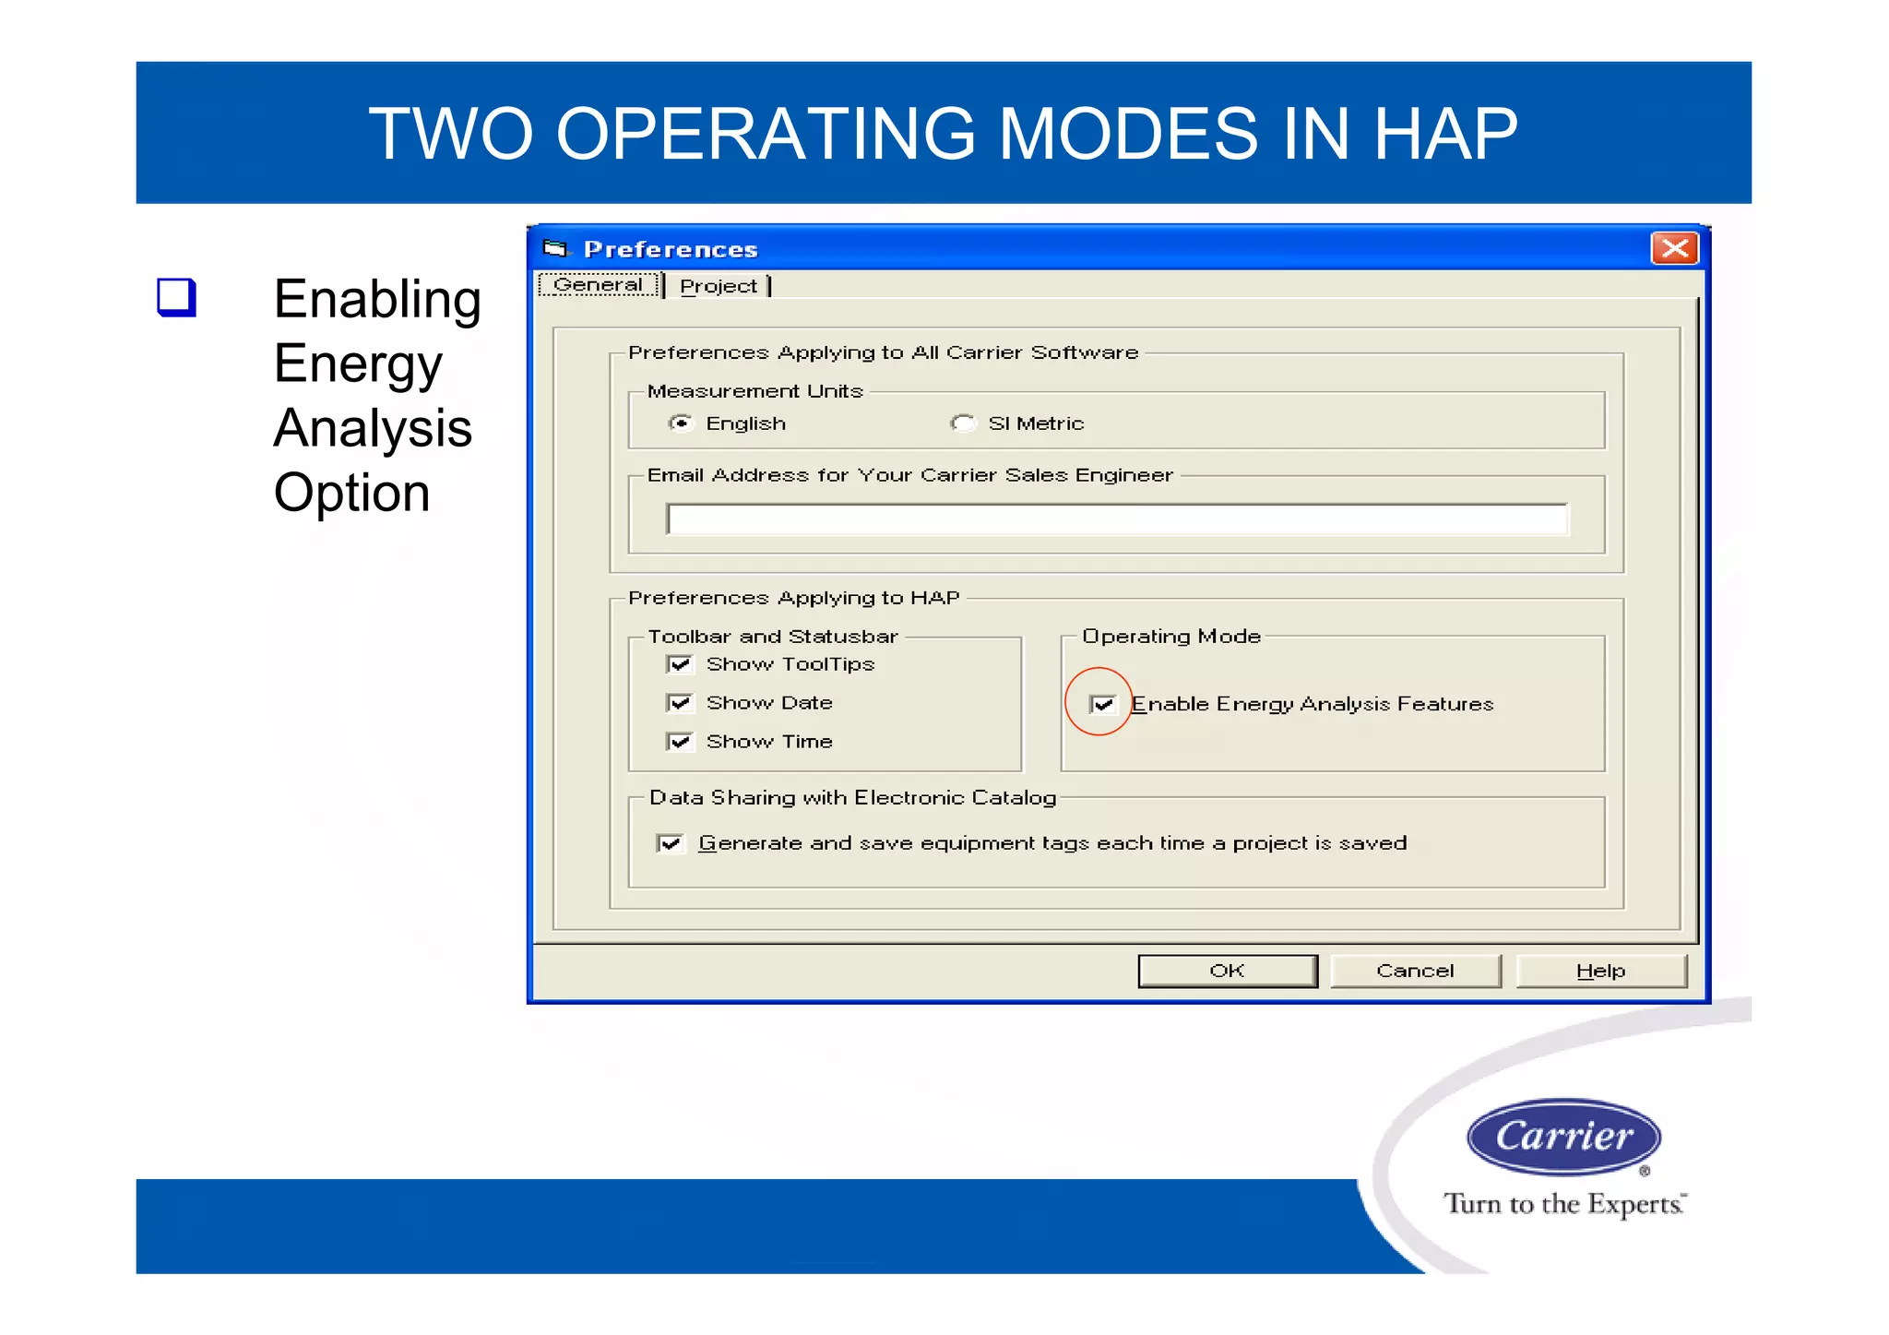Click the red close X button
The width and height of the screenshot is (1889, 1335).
[1674, 248]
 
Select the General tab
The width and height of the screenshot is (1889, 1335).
[598, 285]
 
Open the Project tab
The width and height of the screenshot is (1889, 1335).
[719, 287]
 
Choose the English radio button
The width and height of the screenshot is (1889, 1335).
[681, 423]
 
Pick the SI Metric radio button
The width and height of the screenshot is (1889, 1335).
[963, 423]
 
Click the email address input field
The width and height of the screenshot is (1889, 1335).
[1116, 519]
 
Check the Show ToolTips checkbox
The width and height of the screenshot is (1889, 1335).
[680, 664]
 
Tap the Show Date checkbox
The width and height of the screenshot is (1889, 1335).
[680, 703]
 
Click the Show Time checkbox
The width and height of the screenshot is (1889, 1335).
[680, 742]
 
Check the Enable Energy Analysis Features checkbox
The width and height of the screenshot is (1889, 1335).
[1103, 705]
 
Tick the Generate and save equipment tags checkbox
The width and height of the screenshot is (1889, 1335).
[671, 843]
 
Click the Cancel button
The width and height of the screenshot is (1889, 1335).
[1414, 971]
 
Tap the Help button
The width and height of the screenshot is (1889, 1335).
[1600, 971]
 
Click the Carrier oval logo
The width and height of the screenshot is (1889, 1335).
[1563, 1136]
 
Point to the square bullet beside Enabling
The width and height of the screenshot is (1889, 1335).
[176, 297]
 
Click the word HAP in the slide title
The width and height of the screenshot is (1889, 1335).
[1444, 135]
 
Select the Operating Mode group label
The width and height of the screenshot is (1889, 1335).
[1170, 637]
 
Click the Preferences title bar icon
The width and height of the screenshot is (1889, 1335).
[554, 248]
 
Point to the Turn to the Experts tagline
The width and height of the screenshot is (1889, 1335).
[1563, 1204]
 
